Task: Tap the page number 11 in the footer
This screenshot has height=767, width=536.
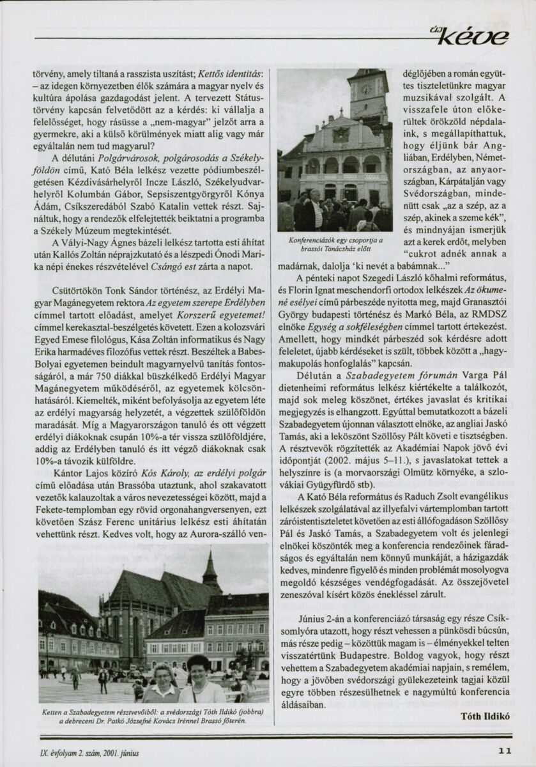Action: pyautogui.click(x=504, y=752)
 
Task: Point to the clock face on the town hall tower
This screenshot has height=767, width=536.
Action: pyautogui.click(x=367, y=89)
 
